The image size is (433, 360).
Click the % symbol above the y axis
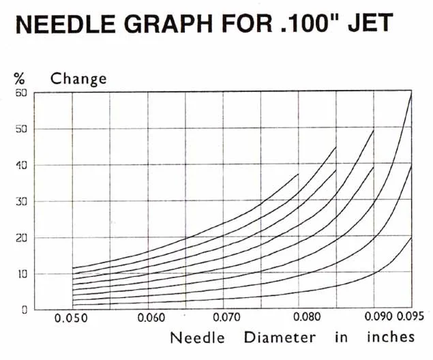point(19,78)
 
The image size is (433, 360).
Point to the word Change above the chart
point(78,78)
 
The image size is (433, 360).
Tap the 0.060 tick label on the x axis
point(151,318)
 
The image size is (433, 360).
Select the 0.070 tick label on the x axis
point(226,318)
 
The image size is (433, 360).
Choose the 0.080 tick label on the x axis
point(301,318)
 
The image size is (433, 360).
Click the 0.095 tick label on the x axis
point(412,316)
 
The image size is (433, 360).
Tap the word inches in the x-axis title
point(390,337)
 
